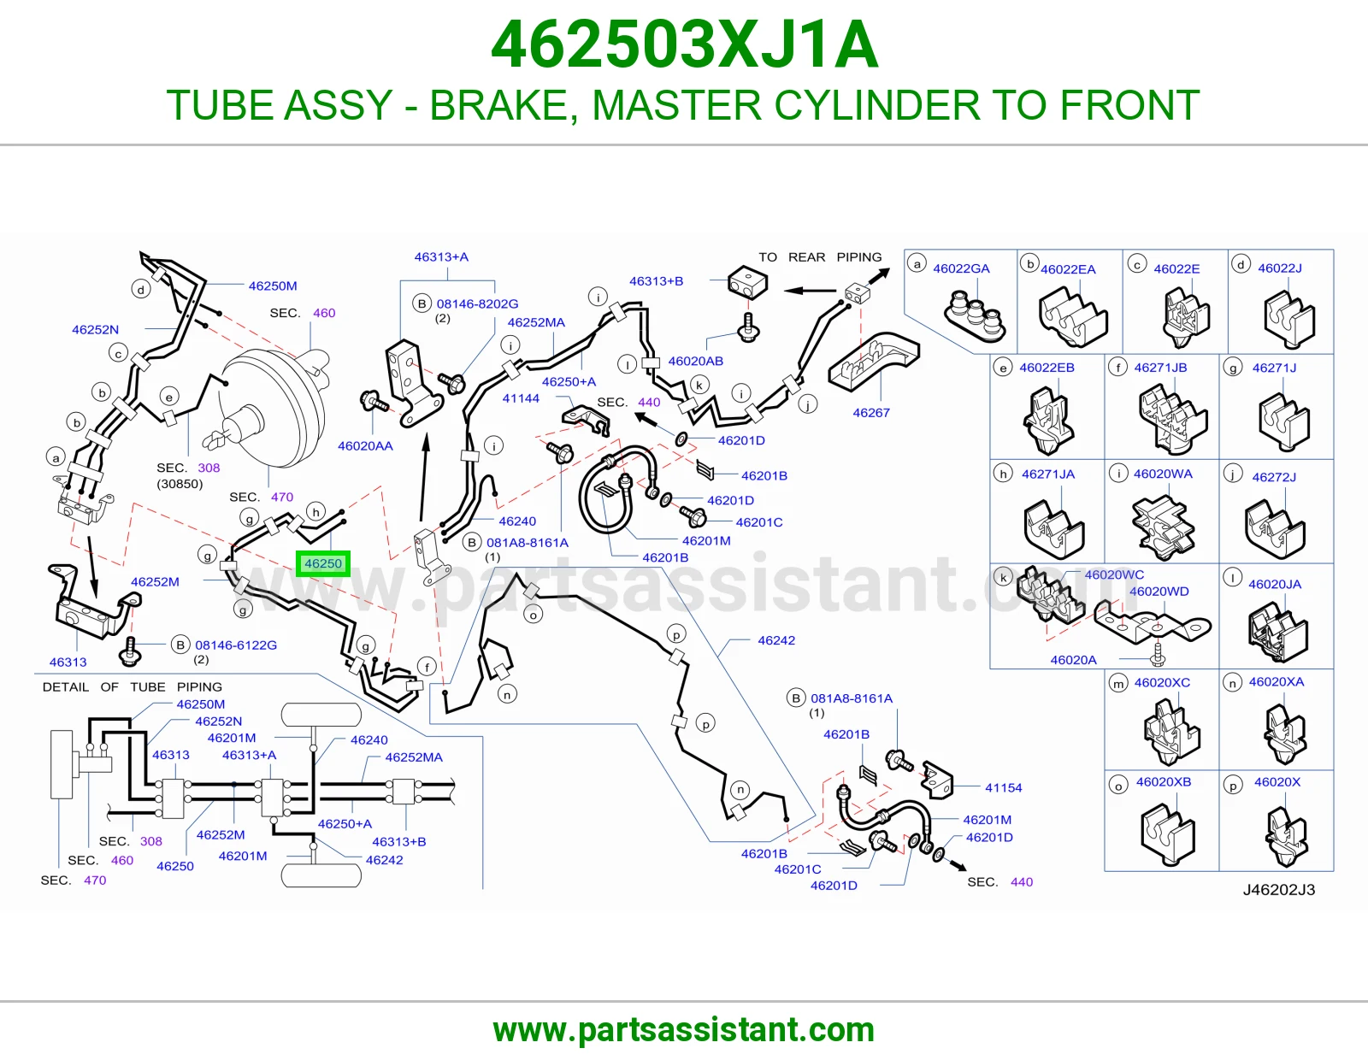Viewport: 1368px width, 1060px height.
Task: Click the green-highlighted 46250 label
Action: tap(323, 563)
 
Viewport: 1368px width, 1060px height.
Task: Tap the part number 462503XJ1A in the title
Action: tap(684, 44)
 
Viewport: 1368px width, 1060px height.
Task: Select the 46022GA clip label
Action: tap(961, 268)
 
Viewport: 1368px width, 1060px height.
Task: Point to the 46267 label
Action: tap(871, 413)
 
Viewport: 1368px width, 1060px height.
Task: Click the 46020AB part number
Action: tap(696, 362)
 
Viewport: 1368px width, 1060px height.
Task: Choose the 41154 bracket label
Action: tap(1004, 787)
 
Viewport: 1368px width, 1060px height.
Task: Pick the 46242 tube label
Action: tap(776, 640)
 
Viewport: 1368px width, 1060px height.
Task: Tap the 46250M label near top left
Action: tap(273, 286)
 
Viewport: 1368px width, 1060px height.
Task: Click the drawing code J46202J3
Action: tap(1278, 889)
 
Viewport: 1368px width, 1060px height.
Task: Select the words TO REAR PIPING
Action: tap(820, 256)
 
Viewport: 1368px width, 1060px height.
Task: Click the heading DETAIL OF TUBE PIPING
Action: tap(133, 686)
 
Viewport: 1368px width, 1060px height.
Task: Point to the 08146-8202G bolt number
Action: tap(477, 304)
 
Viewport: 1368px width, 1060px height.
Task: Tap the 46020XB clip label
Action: tap(1164, 782)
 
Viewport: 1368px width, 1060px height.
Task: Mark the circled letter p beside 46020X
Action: tap(1233, 785)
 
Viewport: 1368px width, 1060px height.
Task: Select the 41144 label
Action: tap(521, 398)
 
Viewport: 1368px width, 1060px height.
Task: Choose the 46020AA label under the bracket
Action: tap(365, 446)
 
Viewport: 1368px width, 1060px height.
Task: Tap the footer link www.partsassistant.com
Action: tap(684, 1030)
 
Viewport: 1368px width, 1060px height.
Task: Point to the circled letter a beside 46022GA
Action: tap(917, 264)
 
